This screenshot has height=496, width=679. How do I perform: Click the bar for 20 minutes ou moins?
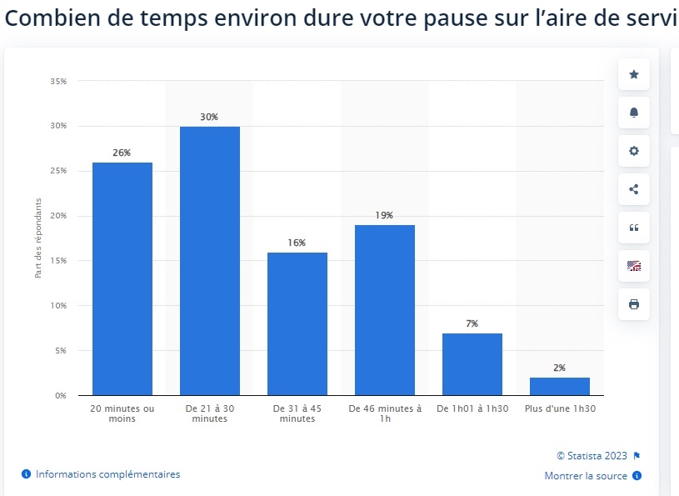(x=122, y=278)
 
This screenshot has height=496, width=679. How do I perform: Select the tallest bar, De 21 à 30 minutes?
(x=209, y=261)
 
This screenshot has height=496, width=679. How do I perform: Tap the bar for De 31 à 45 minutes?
(x=297, y=323)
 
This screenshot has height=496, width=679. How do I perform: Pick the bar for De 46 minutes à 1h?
(x=384, y=310)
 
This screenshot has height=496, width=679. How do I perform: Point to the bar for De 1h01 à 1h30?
(x=472, y=364)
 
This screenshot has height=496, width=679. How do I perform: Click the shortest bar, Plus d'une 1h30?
(x=559, y=386)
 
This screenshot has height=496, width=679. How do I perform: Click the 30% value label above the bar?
(x=209, y=118)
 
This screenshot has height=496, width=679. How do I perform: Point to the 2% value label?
(x=559, y=368)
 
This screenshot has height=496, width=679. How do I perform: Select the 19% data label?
(x=384, y=215)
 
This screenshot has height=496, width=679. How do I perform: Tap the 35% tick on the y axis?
(x=58, y=82)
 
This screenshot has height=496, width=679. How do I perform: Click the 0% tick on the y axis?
(x=61, y=395)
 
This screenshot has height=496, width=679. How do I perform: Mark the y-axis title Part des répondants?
(x=38, y=238)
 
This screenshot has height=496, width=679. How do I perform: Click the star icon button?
(x=633, y=75)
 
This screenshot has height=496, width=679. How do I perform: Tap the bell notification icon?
(x=633, y=113)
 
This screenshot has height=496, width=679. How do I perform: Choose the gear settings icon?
(x=633, y=151)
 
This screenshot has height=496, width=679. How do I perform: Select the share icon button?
(x=633, y=189)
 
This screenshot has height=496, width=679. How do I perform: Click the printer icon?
(x=633, y=304)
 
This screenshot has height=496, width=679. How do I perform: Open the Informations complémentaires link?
(x=107, y=474)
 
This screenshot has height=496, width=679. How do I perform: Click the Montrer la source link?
(x=586, y=476)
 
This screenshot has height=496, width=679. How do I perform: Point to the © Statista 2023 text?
(x=592, y=455)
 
